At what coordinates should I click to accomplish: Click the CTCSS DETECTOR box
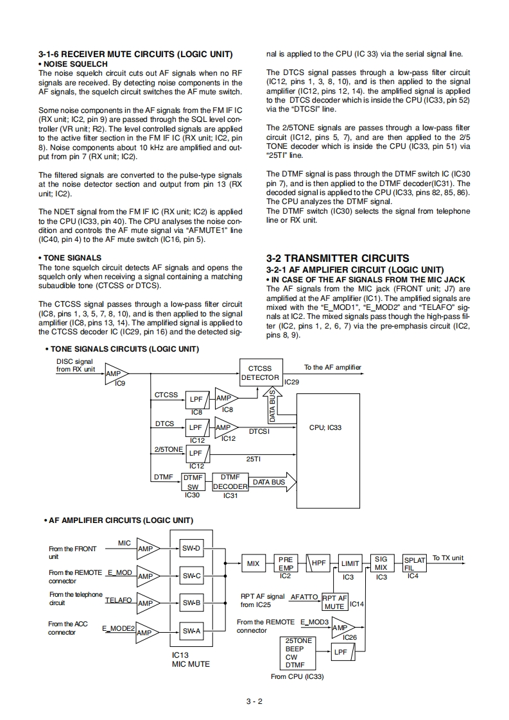(259, 373)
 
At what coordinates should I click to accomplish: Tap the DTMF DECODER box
(230, 482)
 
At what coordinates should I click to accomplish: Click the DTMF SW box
(193, 482)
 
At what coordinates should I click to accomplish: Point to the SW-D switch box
(191, 548)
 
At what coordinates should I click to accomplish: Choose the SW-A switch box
(191, 631)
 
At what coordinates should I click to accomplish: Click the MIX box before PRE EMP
(254, 564)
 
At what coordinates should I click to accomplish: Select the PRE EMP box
(285, 563)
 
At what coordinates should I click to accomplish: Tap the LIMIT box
(350, 564)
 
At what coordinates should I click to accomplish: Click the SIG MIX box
(381, 563)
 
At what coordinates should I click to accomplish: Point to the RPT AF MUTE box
(334, 602)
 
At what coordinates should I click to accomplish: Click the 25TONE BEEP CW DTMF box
(299, 653)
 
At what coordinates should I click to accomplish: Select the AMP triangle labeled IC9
(116, 373)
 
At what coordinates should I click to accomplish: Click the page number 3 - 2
(254, 701)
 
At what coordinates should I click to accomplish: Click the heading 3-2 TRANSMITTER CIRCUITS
(337, 258)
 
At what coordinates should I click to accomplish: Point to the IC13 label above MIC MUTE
(180, 655)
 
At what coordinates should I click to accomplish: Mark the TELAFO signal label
(118, 600)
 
